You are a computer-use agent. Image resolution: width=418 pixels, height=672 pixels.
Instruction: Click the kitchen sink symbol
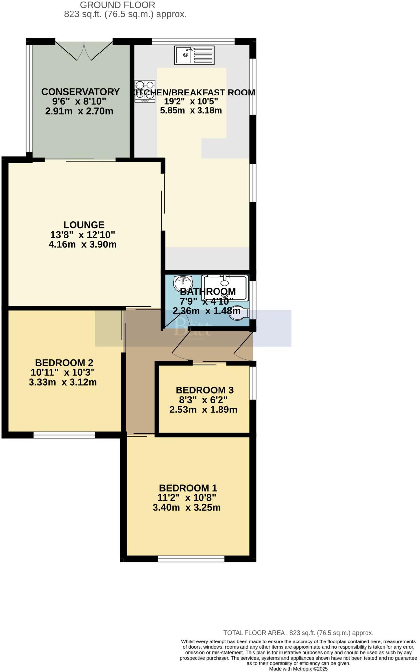coord(195,55)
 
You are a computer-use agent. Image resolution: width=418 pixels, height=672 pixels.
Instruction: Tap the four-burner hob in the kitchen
coord(145,91)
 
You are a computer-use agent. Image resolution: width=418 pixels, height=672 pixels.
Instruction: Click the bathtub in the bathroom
coord(225,287)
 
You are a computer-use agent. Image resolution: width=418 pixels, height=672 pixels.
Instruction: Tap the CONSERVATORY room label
coord(80,92)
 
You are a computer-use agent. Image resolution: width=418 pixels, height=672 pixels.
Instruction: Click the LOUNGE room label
coord(84,225)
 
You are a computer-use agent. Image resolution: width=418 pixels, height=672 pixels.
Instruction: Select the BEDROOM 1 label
coord(188,488)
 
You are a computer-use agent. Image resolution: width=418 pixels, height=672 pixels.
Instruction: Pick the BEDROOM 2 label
coord(64,363)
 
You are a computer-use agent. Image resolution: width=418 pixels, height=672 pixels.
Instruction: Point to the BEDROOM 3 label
coord(204,390)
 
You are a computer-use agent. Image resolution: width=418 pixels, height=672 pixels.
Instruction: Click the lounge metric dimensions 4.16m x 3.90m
coord(82,244)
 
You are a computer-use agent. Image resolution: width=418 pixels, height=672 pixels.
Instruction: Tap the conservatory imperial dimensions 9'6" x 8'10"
coord(79,101)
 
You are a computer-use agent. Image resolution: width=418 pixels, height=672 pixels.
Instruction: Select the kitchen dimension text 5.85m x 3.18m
coord(191,110)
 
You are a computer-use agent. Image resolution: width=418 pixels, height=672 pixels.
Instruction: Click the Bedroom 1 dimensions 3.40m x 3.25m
coord(187,508)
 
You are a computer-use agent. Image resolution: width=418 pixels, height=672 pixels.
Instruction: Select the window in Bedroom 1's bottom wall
coord(191,559)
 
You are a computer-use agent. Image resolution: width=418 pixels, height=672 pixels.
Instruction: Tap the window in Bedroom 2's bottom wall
coord(64,435)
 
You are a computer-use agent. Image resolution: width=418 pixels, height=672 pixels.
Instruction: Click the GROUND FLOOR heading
coord(117,5)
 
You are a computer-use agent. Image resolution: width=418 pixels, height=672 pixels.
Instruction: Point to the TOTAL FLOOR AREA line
coord(298,633)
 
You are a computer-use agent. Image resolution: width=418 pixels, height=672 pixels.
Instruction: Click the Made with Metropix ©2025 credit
coord(298,669)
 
